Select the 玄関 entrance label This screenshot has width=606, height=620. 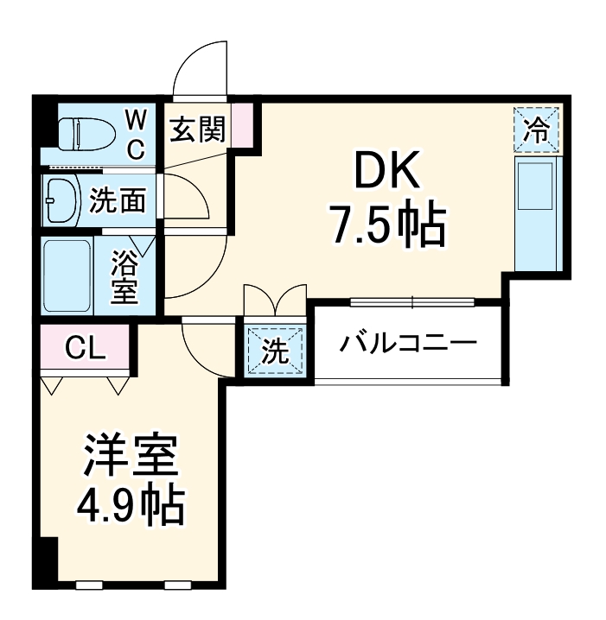197,130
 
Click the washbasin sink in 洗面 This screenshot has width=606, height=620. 61,201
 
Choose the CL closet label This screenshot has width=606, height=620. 86,349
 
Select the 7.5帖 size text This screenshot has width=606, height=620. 386,226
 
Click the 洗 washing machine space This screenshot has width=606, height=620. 274,351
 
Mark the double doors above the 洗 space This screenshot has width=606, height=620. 275,303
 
